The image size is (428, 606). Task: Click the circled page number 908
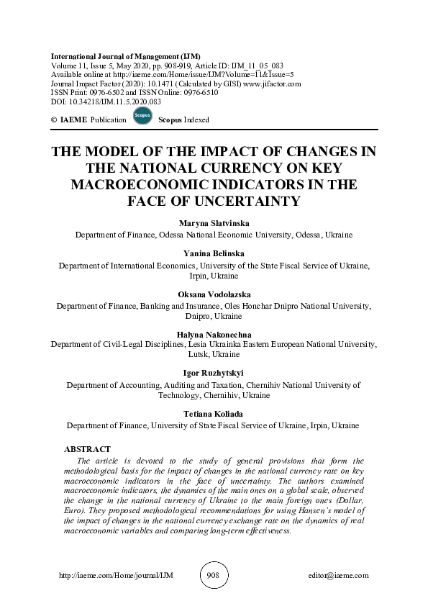(213, 575)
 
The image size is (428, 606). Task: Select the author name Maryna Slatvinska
(214, 224)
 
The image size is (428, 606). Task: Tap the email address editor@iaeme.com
(337, 576)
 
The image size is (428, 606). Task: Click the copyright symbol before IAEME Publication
(54, 119)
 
